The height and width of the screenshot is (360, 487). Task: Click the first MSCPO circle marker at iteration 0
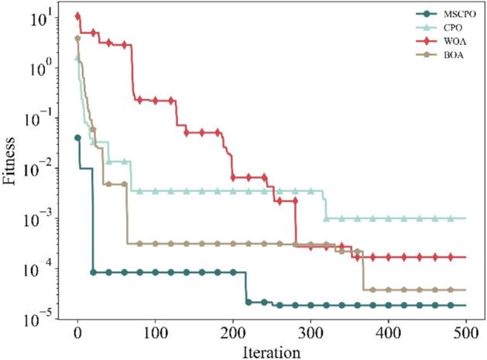pos(77,138)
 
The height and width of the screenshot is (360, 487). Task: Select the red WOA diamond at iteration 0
pos(77,15)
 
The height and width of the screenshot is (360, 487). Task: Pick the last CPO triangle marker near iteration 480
pos(451,219)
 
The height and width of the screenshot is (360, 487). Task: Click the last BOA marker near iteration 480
pos(451,290)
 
